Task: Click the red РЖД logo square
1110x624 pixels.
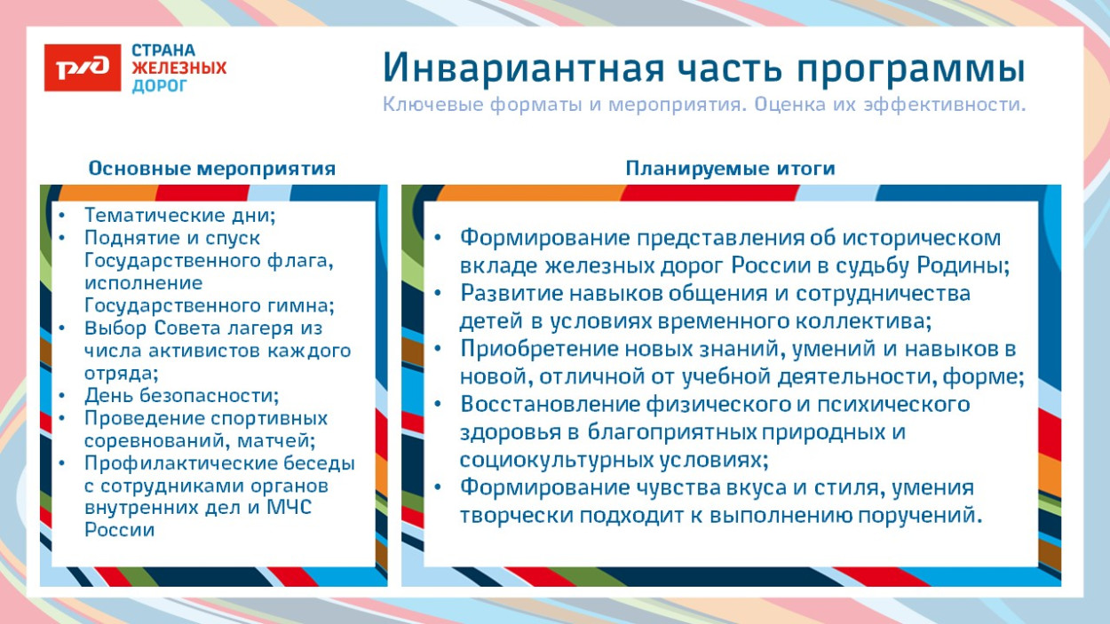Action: pos(83,67)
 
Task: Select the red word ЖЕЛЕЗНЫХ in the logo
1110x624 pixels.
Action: pos(178,67)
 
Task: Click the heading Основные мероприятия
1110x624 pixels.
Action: pos(211,169)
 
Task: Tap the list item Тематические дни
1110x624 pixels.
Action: pos(180,215)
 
